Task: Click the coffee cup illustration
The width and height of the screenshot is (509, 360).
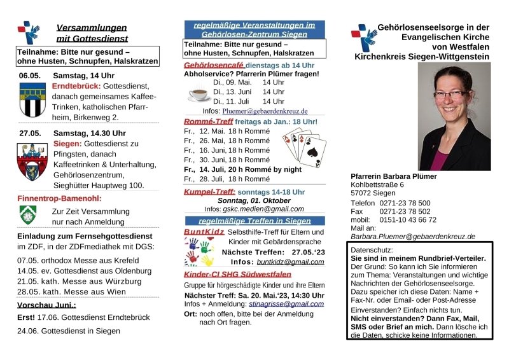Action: [x=199, y=94]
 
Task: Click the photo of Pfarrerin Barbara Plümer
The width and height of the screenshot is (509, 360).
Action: [x=454, y=117]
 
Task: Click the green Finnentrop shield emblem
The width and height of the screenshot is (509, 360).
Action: [x=28, y=214]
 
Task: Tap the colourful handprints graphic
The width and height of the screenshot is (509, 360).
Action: [x=200, y=254]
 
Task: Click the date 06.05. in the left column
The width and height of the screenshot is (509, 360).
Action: [x=29, y=75]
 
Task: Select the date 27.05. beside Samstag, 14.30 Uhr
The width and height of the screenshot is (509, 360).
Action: [x=29, y=133]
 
